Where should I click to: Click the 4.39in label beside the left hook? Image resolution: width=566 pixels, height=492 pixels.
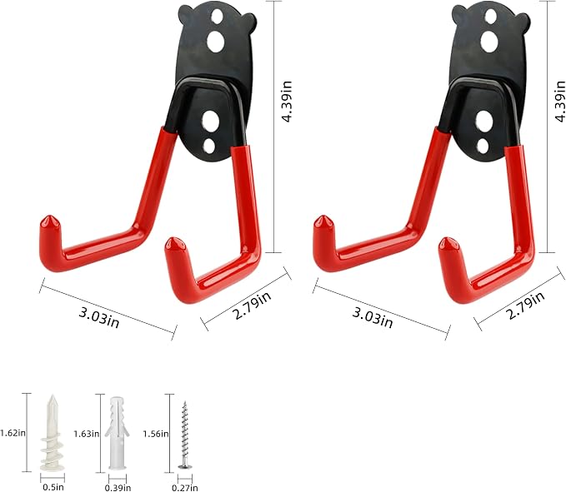click(x=286, y=102)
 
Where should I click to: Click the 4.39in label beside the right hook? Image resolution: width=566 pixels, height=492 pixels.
click(x=560, y=102)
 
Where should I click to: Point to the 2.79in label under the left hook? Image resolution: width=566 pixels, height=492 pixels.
click(x=253, y=306)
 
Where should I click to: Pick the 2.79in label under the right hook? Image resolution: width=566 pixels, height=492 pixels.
click(x=526, y=306)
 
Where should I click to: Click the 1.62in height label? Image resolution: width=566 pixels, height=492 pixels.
click(x=13, y=433)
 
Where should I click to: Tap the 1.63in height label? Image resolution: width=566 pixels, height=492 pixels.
click(x=86, y=434)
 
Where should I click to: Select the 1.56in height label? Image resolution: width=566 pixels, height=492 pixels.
click(x=156, y=434)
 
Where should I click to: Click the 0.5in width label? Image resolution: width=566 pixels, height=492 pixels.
click(x=53, y=487)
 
